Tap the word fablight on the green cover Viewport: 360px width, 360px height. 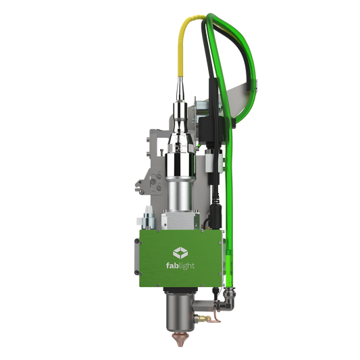point(180,266)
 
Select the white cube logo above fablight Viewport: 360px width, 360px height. point(180,253)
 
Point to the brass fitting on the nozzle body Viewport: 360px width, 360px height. point(203,318)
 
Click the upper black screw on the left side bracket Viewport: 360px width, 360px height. point(137,241)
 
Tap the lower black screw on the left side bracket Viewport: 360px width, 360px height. point(137,272)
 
